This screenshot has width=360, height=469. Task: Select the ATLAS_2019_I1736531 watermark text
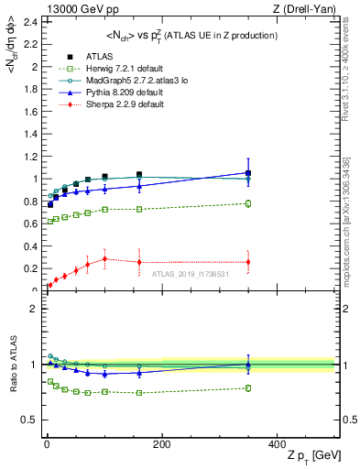click(190, 274)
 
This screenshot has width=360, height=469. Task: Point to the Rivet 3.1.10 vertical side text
click(352, 73)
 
